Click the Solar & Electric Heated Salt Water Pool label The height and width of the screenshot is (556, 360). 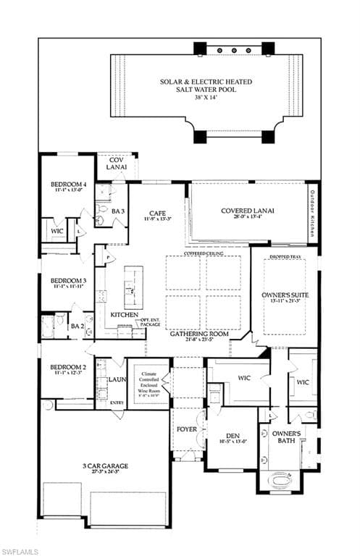pyautogui.click(x=207, y=85)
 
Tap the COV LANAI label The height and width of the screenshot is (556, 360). pyautogui.click(x=112, y=163)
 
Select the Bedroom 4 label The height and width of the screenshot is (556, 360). pyautogui.click(x=69, y=185)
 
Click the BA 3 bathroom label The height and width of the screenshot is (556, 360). pyautogui.click(x=118, y=211)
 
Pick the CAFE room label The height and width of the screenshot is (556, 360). pyautogui.click(x=157, y=213)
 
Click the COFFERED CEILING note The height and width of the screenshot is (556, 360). pyautogui.click(x=202, y=254)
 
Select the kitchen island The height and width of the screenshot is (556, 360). pyautogui.click(x=133, y=287)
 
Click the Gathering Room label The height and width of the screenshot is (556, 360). pyautogui.click(x=199, y=334)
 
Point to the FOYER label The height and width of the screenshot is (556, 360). pyautogui.click(x=187, y=429)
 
